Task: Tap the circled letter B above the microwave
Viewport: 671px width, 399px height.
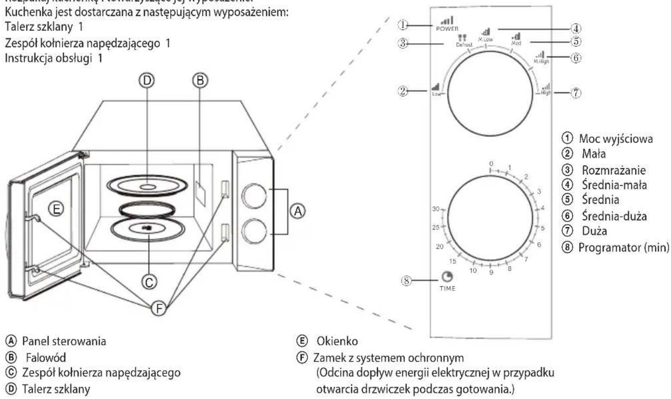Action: (202, 80)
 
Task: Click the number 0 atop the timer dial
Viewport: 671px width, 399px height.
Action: (490, 163)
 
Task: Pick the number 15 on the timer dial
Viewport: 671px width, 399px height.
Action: (453, 261)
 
